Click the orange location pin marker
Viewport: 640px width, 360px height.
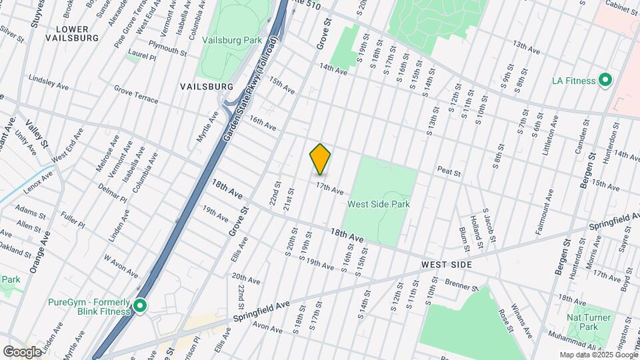(320, 159)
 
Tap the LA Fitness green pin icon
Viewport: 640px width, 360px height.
(605, 81)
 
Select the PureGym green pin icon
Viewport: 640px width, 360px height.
(139, 306)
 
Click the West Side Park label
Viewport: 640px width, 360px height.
(379, 205)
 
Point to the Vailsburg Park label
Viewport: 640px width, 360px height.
(233, 41)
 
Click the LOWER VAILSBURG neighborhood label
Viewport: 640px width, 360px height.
(72, 33)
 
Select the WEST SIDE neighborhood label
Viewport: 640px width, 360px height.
(447, 265)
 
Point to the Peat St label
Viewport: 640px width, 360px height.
(449, 172)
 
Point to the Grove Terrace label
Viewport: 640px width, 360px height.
(136, 94)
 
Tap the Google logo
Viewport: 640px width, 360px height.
(22, 351)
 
